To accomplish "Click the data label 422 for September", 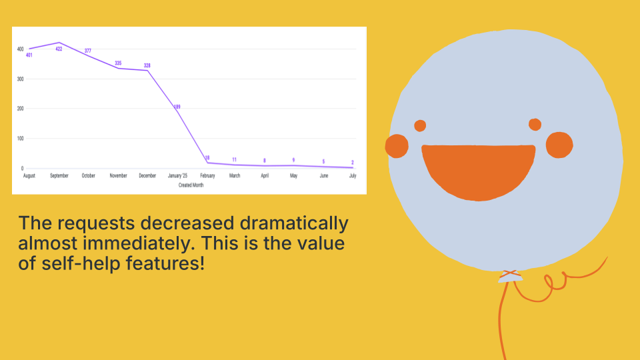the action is point(59,49).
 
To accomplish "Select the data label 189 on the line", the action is point(177,107).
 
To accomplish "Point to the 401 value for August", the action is point(29,55).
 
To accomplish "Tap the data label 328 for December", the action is point(147,65).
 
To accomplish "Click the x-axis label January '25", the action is point(177,175).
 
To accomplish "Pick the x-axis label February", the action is point(207,175).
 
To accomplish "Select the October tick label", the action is point(88,175).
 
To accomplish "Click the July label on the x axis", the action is point(353,175).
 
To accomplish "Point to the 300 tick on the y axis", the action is point(21,79).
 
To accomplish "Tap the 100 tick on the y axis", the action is point(21,139).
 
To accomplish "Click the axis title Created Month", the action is point(191,185).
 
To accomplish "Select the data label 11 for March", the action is point(234,159).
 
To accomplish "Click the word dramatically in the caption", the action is point(294,223).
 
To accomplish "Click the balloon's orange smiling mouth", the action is point(479,171).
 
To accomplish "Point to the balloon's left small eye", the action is point(420,126).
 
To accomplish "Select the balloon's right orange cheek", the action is point(559,145).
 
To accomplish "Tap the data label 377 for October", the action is point(88,51).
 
